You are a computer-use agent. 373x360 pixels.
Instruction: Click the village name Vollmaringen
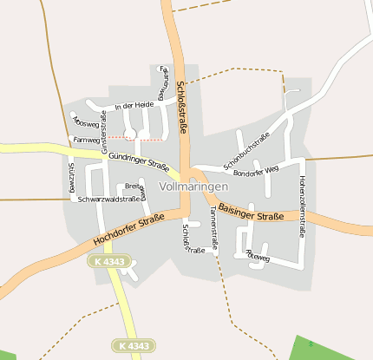(194, 187)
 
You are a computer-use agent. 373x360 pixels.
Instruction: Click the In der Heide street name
(134, 105)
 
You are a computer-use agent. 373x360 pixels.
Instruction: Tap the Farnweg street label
(88, 139)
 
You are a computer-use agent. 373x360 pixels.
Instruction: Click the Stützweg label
(72, 178)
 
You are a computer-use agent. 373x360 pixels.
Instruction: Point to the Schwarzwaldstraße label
(109, 200)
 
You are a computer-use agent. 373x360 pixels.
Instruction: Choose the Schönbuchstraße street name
(247, 150)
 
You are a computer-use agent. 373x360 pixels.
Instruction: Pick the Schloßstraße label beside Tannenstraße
(193, 239)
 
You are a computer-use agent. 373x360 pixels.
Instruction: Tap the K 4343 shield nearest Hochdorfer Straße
(111, 261)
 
